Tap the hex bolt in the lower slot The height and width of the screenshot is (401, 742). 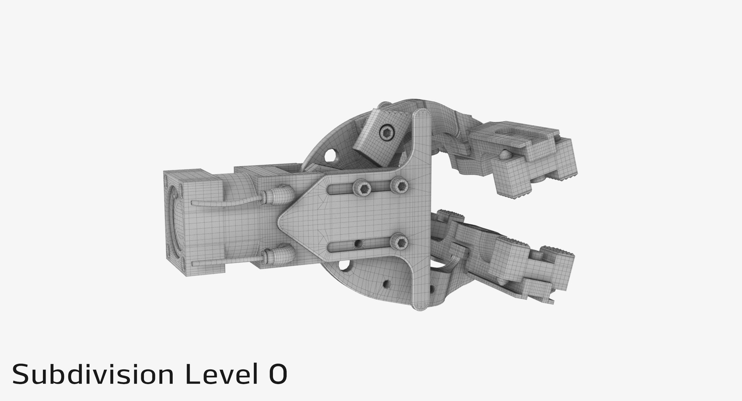point(398,242)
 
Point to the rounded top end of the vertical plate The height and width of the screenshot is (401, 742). point(423,114)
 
